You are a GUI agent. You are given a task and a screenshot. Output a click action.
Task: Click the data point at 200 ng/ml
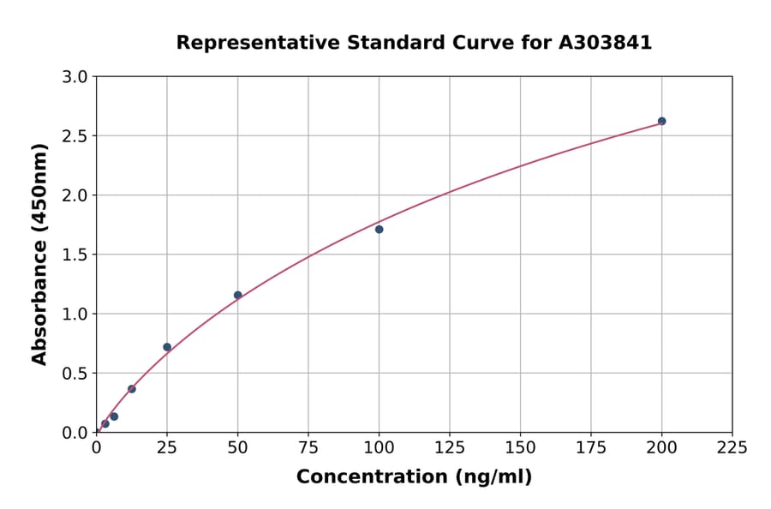click(x=661, y=121)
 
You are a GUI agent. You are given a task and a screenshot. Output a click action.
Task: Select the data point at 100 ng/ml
click(x=379, y=229)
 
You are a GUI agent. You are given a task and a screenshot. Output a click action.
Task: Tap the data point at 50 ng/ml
click(x=238, y=295)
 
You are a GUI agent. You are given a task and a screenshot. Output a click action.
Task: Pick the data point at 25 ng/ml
click(x=167, y=347)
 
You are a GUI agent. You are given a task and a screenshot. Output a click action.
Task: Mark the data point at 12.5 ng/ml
click(x=132, y=389)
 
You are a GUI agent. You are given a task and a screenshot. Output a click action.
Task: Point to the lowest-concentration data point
click(x=105, y=423)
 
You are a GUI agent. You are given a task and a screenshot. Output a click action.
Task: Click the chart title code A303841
click(x=605, y=42)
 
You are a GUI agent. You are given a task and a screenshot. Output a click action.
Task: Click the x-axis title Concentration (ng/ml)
click(x=414, y=476)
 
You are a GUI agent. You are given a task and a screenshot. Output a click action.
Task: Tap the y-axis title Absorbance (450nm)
click(x=39, y=254)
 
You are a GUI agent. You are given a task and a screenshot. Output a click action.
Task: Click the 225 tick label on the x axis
click(x=732, y=447)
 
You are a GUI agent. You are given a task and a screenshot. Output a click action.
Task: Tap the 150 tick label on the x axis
click(x=520, y=447)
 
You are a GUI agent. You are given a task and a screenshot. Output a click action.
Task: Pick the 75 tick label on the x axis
click(x=308, y=447)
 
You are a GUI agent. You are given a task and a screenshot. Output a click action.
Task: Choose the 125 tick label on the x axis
click(x=450, y=447)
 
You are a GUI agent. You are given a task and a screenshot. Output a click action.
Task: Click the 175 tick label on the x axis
click(x=590, y=447)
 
